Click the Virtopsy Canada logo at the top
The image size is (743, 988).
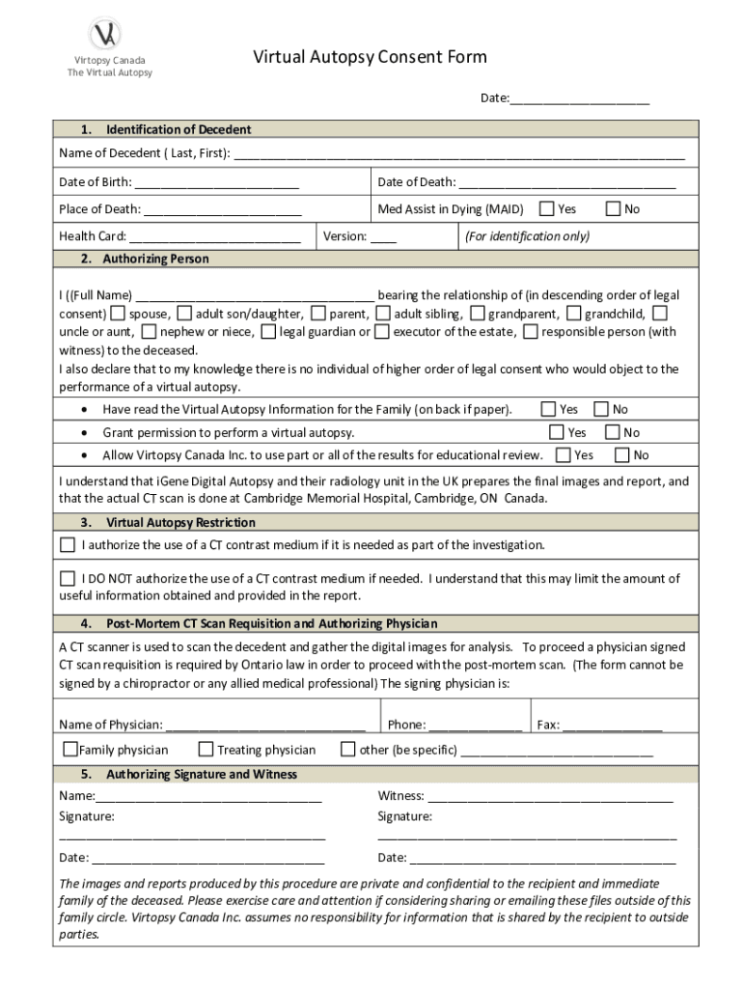pyautogui.click(x=105, y=35)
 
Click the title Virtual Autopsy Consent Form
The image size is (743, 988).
pyautogui.click(x=370, y=57)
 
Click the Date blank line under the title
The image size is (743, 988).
pyautogui.click(x=579, y=99)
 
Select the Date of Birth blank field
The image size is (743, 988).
pyautogui.click(x=216, y=182)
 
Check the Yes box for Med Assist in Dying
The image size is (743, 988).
pyautogui.click(x=547, y=208)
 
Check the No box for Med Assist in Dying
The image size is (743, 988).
pyautogui.click(x=613, y=208)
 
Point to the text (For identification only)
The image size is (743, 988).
pyautogui.click(x=527, y=236)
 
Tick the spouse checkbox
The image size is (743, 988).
pyautogui.click(x=118, y=314)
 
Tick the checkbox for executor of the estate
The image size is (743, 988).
pyautogui.click(x=382, y=332)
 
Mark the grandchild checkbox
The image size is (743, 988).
pyautogui.click(x=574, y=314)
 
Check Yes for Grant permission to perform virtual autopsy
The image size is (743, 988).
pyautogui.click(x=557, y=432)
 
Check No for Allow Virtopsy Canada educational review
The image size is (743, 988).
pyautogui.click(x=622, y=454)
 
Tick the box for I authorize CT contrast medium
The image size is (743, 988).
pyautogui.click(x=68, y=545)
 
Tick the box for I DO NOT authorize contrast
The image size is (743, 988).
pyautogui.click(x=68, y=579)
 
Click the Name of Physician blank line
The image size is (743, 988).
pyautogui.click(x=265, y=725)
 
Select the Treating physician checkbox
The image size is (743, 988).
pyautogui.click(x=206, y=750)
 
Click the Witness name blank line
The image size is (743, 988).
pyautogui.click(x=550, y=797)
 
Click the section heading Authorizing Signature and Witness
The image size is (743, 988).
pyautogui.click(x=201, y=775)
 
